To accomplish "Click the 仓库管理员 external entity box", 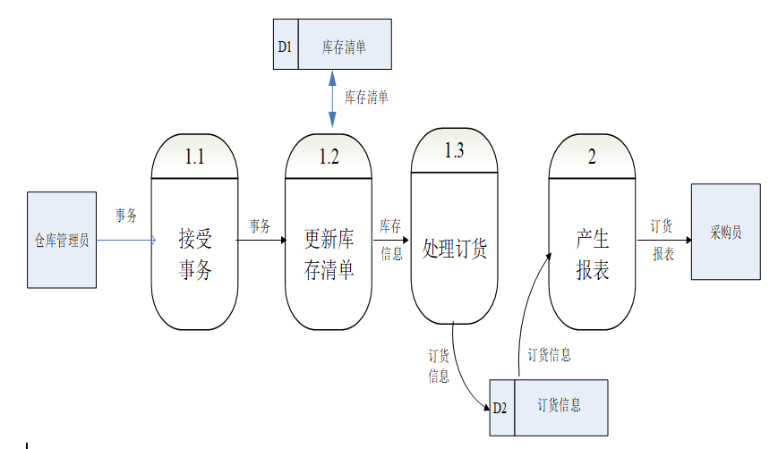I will click(62, 240).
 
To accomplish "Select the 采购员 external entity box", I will click(726, 233).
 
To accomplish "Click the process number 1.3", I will click(454, 150).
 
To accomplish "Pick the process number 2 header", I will click(592, 157).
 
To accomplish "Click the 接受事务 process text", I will click(194, 254).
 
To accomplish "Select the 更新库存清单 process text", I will click(329, 254).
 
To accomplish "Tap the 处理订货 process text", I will click(454, 249).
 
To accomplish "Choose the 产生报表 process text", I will click(592, 254).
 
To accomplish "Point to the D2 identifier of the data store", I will click(500, 408).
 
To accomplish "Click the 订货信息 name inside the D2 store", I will click(559, 405).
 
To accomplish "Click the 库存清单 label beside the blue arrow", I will click(366, 97).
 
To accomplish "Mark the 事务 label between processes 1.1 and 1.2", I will click(260, 226).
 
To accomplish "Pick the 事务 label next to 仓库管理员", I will click(125, 216).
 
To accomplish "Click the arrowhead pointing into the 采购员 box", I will click(687, 241).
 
